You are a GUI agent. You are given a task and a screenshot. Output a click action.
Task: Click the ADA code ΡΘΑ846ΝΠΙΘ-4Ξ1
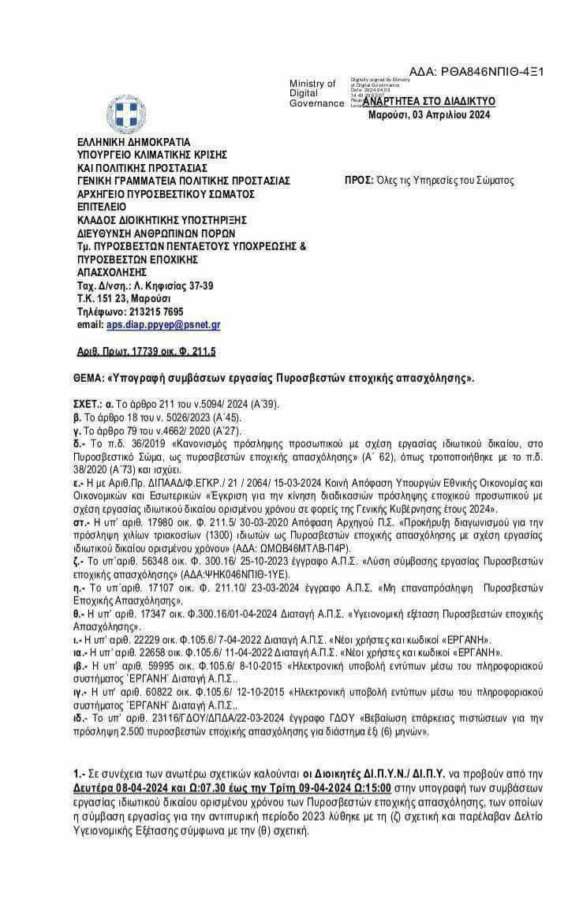(x=476, y=72)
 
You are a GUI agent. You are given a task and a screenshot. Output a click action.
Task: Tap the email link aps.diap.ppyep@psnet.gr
(x=163, y=324)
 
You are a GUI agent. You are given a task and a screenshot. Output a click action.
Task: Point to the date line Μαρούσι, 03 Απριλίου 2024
(x=429, y=115)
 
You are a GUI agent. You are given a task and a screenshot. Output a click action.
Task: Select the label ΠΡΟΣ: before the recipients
(x=360, y=181)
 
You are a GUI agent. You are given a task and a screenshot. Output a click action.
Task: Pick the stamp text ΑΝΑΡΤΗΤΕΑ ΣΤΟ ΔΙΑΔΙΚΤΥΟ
(x=435, y=102)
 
